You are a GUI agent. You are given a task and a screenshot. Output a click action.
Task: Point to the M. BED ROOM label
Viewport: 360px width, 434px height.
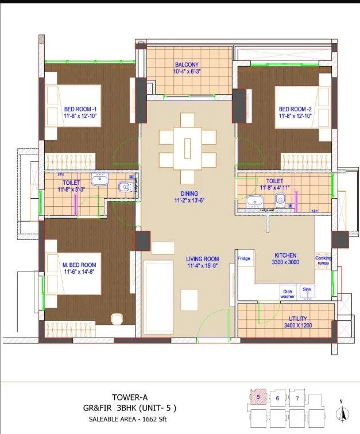[79, 265]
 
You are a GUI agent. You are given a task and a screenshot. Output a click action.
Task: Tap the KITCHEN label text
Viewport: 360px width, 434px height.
[285, 254]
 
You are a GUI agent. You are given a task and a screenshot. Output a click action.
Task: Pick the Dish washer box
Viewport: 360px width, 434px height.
[288, 293]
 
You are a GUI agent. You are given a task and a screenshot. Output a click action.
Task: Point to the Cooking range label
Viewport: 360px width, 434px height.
[323, 261]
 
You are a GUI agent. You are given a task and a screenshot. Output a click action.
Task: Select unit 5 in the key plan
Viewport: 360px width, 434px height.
[258, 396]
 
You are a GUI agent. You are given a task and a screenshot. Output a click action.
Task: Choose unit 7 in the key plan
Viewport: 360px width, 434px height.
[297, 397]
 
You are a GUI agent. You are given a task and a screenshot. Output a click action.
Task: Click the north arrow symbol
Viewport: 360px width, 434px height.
[342, 413]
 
